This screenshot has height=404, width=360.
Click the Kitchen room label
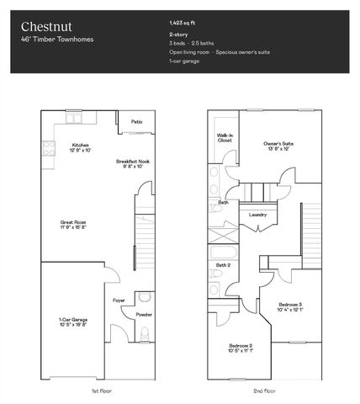[x=81, y=146]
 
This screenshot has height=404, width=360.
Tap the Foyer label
[x=119, y=299]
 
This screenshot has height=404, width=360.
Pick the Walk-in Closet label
[x=225, y=138]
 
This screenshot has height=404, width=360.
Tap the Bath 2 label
[x=223, y=265]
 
